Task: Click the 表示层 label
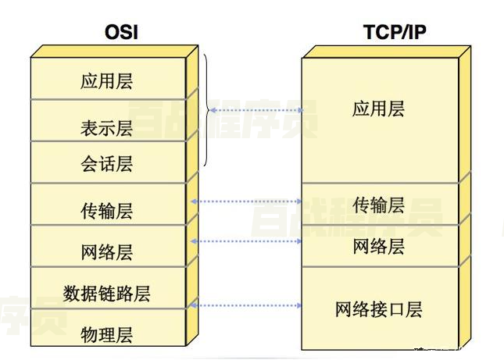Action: pyautogui.click(x=106, y=127)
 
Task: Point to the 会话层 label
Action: pyautogui.click(x=106, y=164)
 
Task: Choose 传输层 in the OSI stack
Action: pyautogui.click(x=106, y=211)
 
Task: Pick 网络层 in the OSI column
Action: pyautogui.click(x=106, y=252)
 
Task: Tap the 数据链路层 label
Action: pyautogui.click(x=106, y=294)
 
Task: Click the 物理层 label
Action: pyautogui.click(x=106, y=335)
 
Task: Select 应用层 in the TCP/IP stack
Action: pyautogui.click(x=379, y=109)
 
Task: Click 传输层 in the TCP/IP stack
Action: pyautogui.click(x=379, y=205)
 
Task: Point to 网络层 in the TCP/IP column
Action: pyautogui.click(x=379, y=247)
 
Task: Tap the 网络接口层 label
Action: pyautogui.click(x=379, y=309)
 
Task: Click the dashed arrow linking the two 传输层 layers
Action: pyautogui.click(x=246, y=201)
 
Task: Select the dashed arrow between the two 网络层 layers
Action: pyautogui.click(x=246, y=241)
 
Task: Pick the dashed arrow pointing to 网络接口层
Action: pyautogui.click(x=246, y=305)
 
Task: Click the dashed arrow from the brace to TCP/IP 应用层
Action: pyautogui.click(x=255, y=111)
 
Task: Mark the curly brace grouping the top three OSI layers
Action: pyautogui.click(x=207, y=111)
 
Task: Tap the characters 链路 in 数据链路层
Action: pyautogui.click(x=106, y=294)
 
